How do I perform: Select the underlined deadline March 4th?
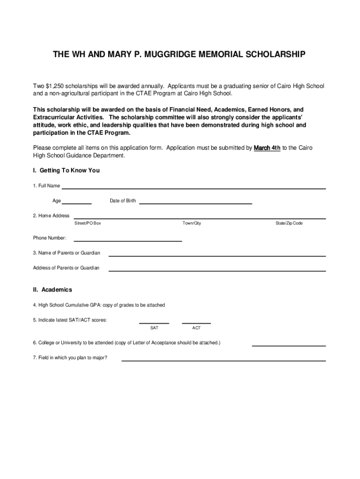coord(267,148)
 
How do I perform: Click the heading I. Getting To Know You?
coord(66,171)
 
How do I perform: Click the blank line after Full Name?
coord(194,188)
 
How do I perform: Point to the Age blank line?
coord(77,203)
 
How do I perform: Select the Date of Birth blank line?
coord(195,203)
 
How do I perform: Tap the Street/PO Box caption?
coord(87,224)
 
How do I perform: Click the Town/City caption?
coord(192,224)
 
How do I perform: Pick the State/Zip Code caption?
coord(289,224)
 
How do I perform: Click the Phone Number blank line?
coord(124,240)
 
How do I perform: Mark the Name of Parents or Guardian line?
coord(217,255)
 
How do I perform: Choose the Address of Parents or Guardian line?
coord(217,270)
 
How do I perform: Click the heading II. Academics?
coord(52,290)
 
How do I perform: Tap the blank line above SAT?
coord(154,322)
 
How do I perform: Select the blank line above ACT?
coord(196,322)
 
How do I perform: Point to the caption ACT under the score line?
coord(196,328)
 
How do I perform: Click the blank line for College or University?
coord(288,345)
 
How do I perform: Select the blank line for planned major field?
coord(223,360)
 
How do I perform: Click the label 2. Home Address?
coord(51,216)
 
